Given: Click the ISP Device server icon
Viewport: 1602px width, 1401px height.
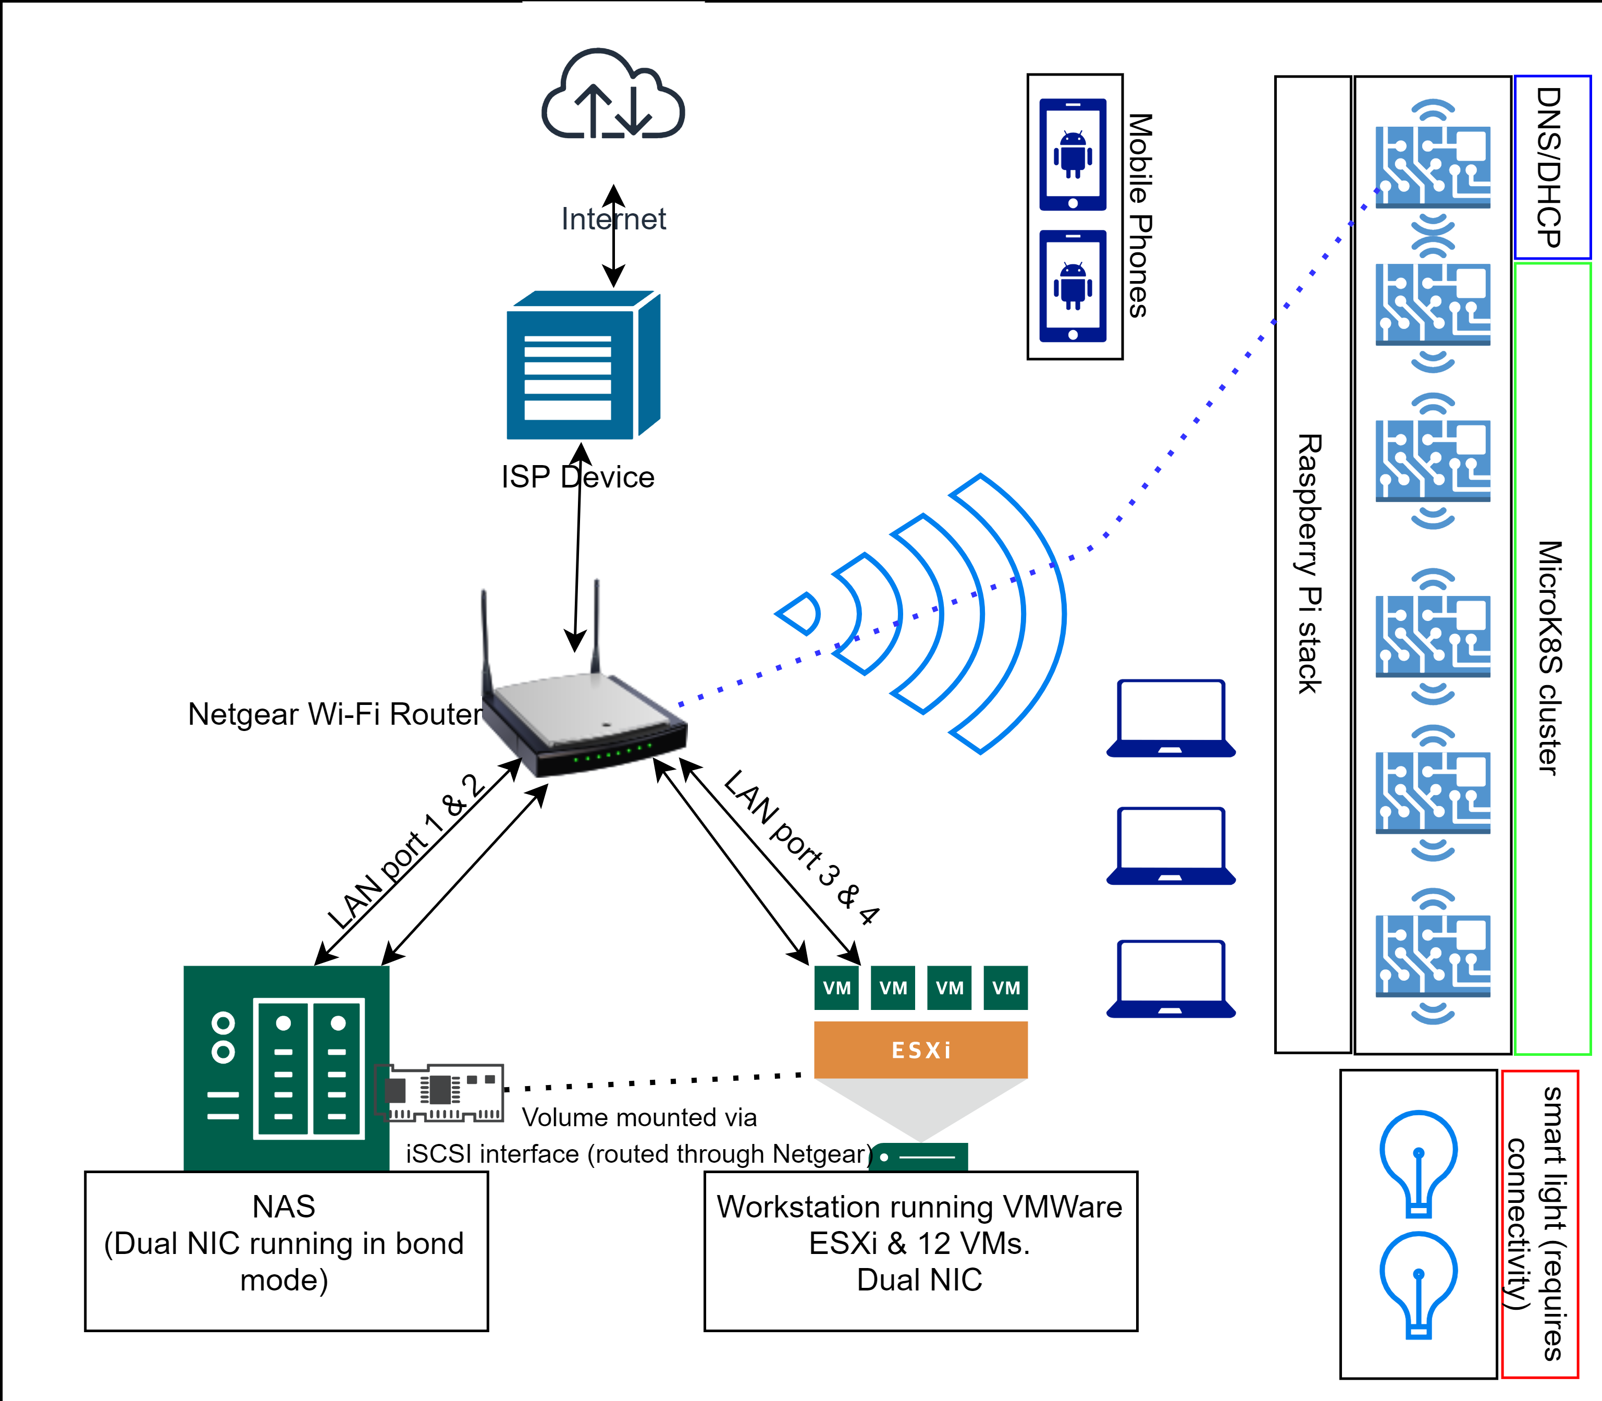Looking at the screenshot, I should (582, 366).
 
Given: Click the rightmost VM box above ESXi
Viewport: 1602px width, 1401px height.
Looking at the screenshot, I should (1006, 988).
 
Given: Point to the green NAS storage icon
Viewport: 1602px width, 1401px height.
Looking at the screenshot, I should (286, 1068).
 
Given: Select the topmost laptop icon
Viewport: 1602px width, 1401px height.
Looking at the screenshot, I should (1170, 717).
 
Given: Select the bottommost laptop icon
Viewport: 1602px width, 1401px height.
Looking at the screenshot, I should (1170, 979).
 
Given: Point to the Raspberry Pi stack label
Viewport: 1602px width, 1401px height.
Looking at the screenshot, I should (1311, 564).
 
